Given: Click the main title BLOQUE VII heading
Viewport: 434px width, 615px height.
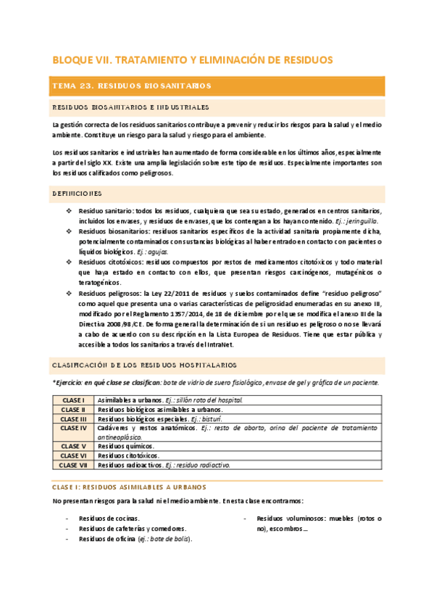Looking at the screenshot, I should [193, 59].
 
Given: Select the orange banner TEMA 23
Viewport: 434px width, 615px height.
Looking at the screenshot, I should [131, 86].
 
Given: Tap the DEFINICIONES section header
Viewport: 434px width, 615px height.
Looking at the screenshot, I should [78, 194].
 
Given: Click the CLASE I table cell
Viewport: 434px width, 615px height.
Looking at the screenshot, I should [73, 400].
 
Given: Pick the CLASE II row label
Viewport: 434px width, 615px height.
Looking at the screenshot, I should [73, 410].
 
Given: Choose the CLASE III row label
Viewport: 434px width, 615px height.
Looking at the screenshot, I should [73, 419].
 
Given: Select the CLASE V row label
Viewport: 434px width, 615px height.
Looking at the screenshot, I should [73, 446].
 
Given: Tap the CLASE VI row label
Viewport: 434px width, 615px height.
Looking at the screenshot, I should [73, 455].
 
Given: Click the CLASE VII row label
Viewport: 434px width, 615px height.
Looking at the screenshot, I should [73, 465].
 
